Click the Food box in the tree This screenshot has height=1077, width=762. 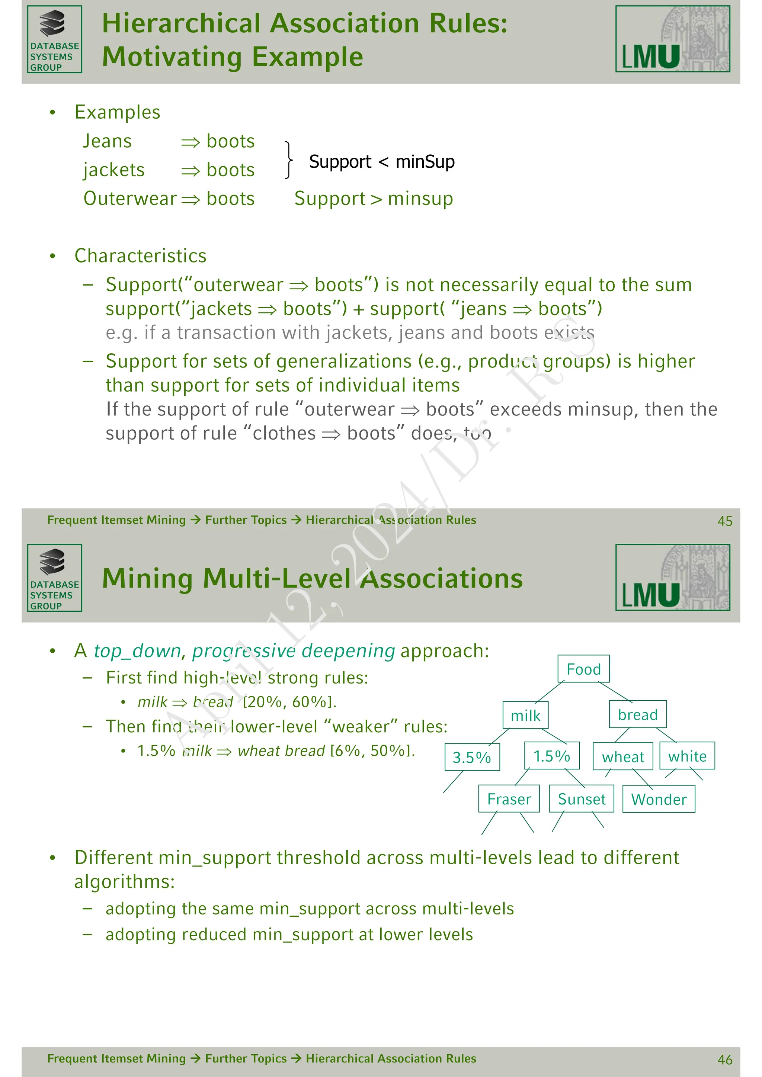pos(583,669)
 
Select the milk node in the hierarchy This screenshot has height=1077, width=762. pos(525,716)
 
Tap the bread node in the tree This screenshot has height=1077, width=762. pos(637,714)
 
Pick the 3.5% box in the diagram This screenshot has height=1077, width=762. pos(471,757)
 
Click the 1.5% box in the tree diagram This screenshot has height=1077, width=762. pos(551,756)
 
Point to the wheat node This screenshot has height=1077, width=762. pos(622,757)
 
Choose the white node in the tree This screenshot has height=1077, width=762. pos(687,756)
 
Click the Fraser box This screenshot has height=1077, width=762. pos(509,798)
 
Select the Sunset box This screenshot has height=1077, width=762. pos(581,798)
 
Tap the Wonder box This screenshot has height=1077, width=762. pos(658,799)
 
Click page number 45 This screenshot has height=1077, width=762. pos(724,521)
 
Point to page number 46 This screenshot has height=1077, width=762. pos(724,1060)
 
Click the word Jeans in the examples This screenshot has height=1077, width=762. pos(108,141)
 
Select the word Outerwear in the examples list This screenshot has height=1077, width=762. pos(130,199)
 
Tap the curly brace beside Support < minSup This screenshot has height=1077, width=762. pos(289,160)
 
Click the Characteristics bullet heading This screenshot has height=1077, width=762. pos(140,255)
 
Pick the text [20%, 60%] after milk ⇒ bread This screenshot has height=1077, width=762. pos(289,702)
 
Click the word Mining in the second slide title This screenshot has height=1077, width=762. pos(147,578)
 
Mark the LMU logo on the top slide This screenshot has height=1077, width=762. pos(672,39)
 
